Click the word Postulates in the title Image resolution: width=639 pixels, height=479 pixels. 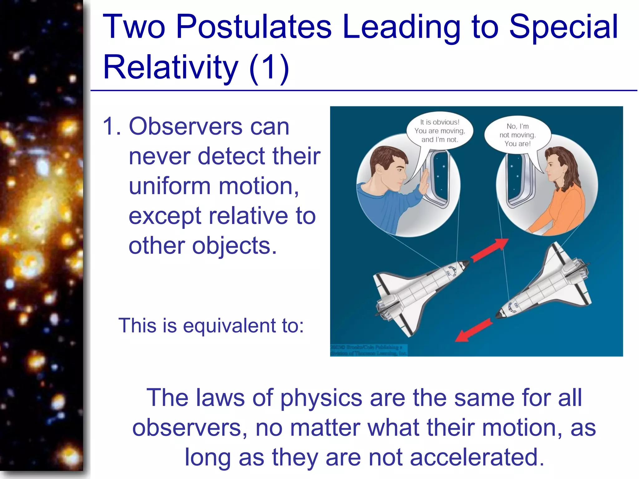pyautogui.click(x=253, y=27)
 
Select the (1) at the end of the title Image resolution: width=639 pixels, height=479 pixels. pyautogui.click(x=269, y=67)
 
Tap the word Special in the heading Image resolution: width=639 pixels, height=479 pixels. pyautogui.click(x=563, y=27)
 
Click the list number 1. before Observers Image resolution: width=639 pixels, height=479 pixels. pyautogui.click(x=111, y=127)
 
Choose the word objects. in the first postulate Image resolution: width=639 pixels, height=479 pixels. pyautogui.click(x=234, y=246)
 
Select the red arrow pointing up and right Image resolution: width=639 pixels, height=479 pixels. pyautogui.click(x=490, y=249)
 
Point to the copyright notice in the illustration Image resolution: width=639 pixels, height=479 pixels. pyautogui.click(x=368, y=350)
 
